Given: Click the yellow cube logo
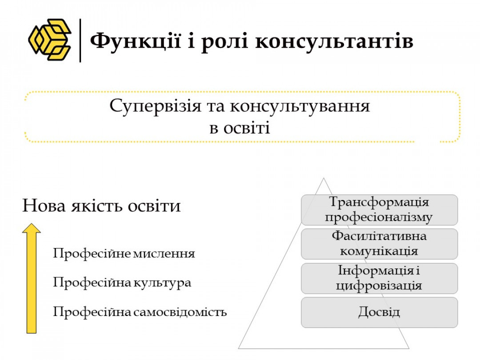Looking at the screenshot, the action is click(50, 40).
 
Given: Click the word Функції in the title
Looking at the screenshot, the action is click(135, 41).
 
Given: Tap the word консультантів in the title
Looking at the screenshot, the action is click(334, 41).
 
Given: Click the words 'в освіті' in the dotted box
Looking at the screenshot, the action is click(240, 128).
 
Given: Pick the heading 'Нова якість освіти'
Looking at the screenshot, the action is click(101, 205).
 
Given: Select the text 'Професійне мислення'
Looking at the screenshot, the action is click(124, 253).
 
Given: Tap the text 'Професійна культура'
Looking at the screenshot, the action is click(122, 282).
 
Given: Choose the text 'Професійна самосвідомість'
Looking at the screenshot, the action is click(140, 312).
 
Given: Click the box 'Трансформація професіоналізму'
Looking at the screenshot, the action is click(379, 210).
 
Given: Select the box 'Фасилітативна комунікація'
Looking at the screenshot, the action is click(379, 244).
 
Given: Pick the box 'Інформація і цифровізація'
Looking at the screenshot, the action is click(379, 278).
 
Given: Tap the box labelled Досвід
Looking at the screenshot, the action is click(379, 312).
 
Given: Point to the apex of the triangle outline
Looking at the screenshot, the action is click(324, 178).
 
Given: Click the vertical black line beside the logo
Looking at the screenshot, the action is click(80, 40).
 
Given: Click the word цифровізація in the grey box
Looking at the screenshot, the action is click(379, 286).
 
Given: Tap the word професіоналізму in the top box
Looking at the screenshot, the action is click(379, 217).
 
